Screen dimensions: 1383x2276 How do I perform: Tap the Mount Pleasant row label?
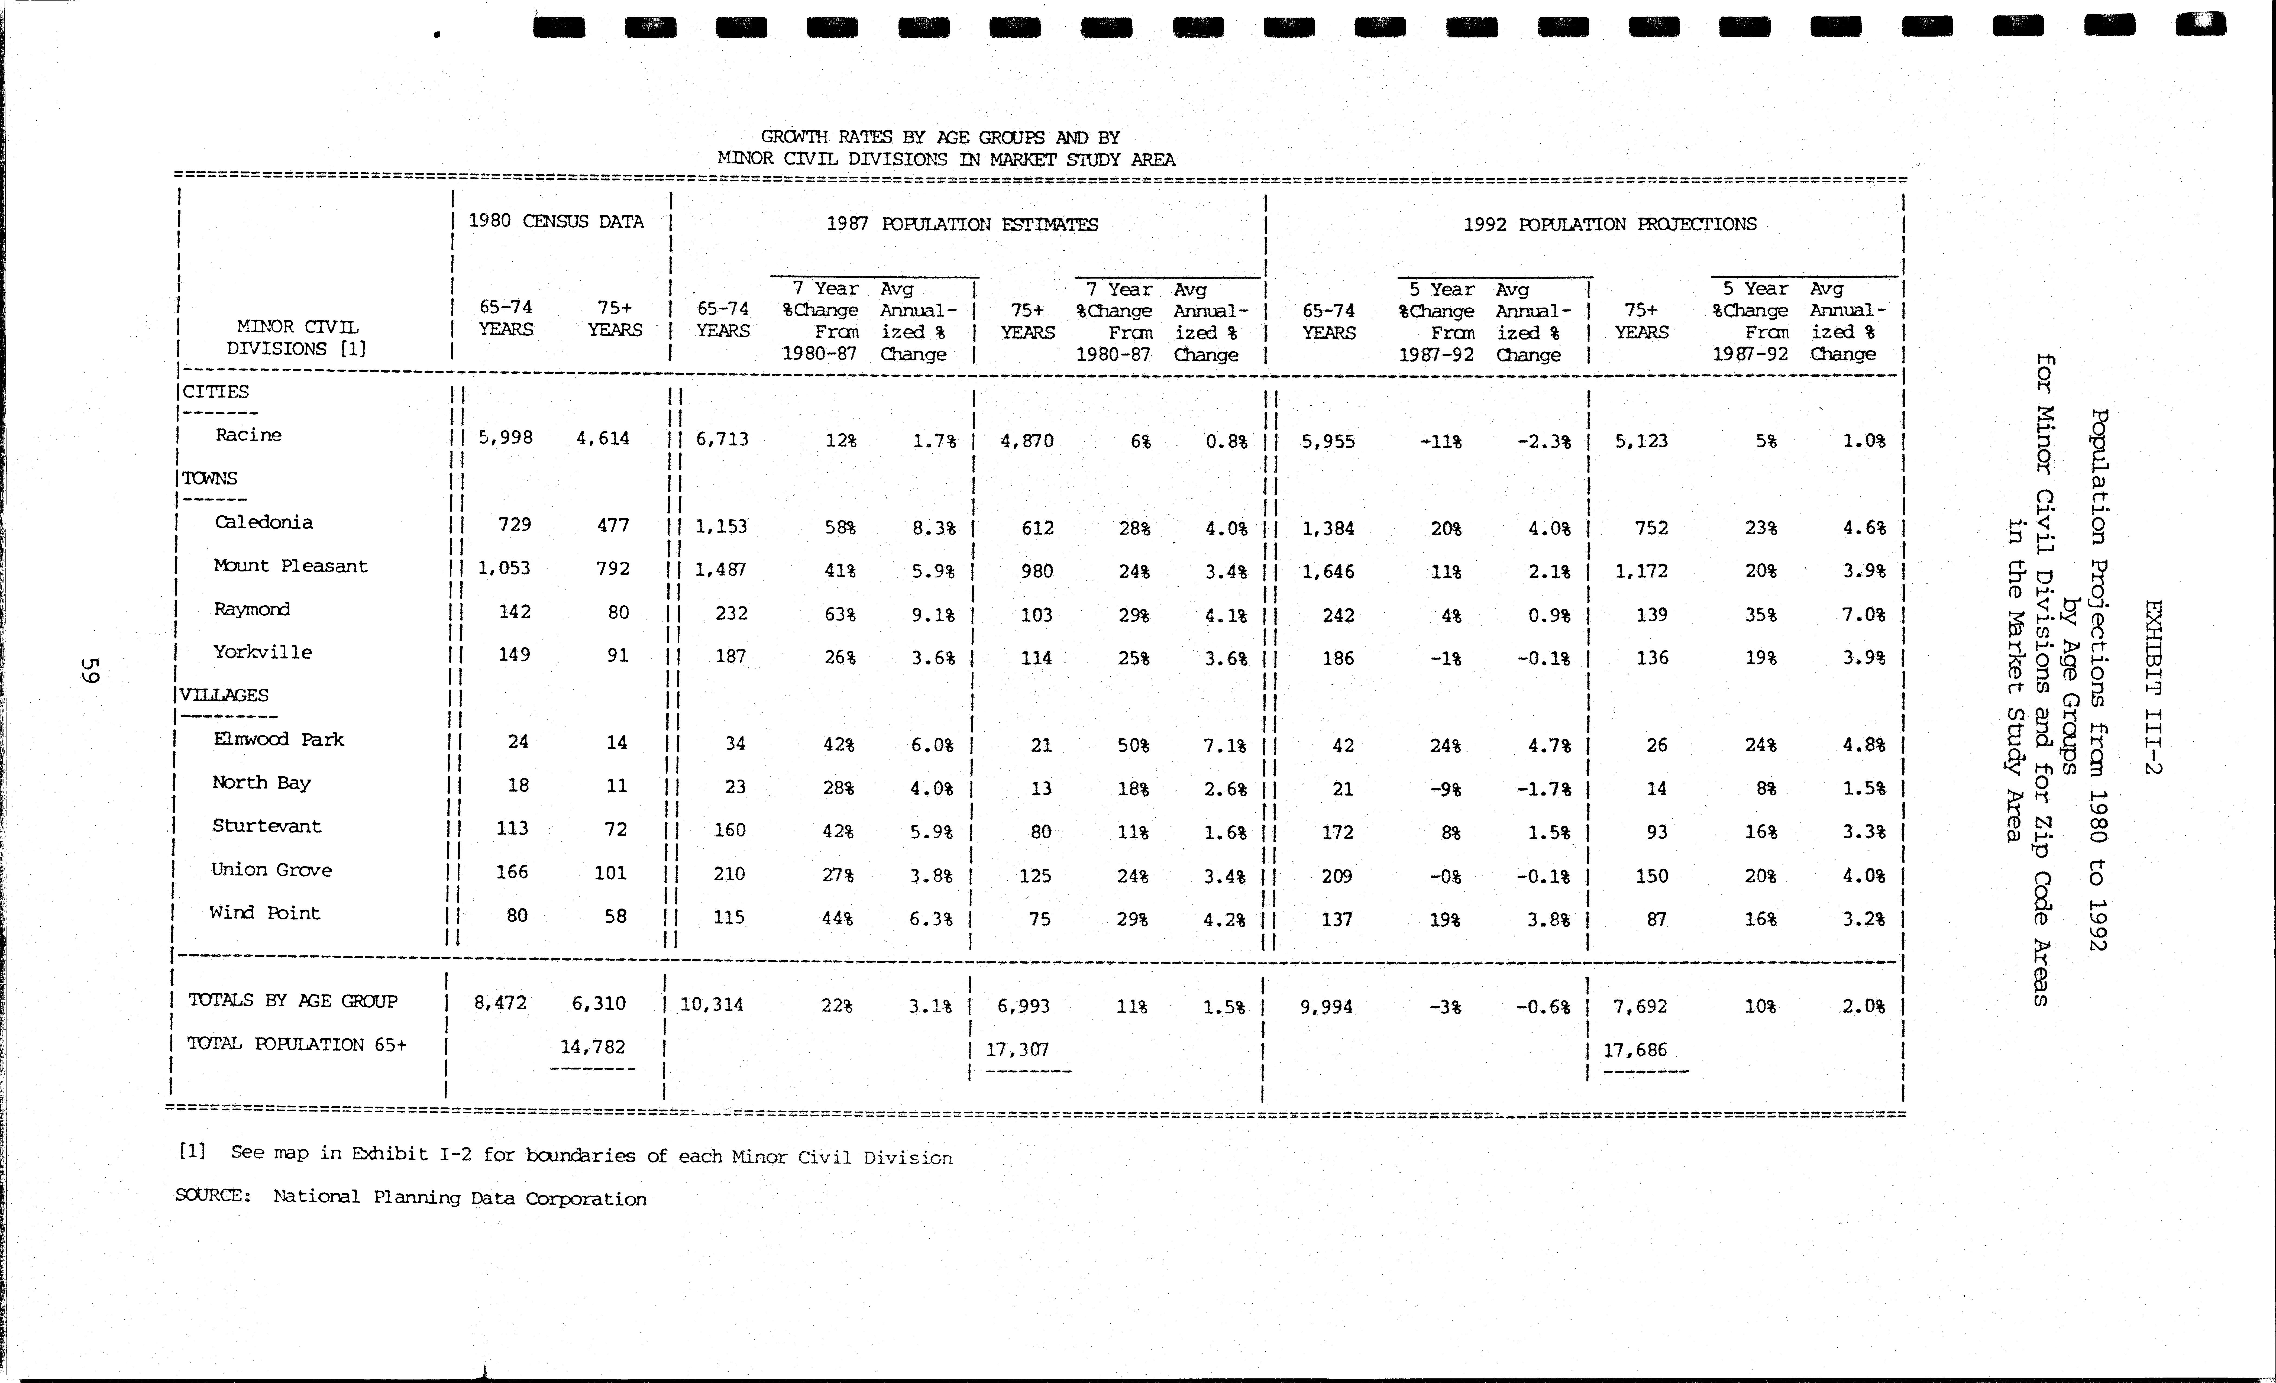[290, 566]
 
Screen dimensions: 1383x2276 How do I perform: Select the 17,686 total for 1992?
[1635, 1051]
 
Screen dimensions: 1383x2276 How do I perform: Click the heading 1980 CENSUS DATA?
[556, 222]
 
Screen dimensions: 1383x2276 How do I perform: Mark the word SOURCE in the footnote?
[212, 1195]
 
